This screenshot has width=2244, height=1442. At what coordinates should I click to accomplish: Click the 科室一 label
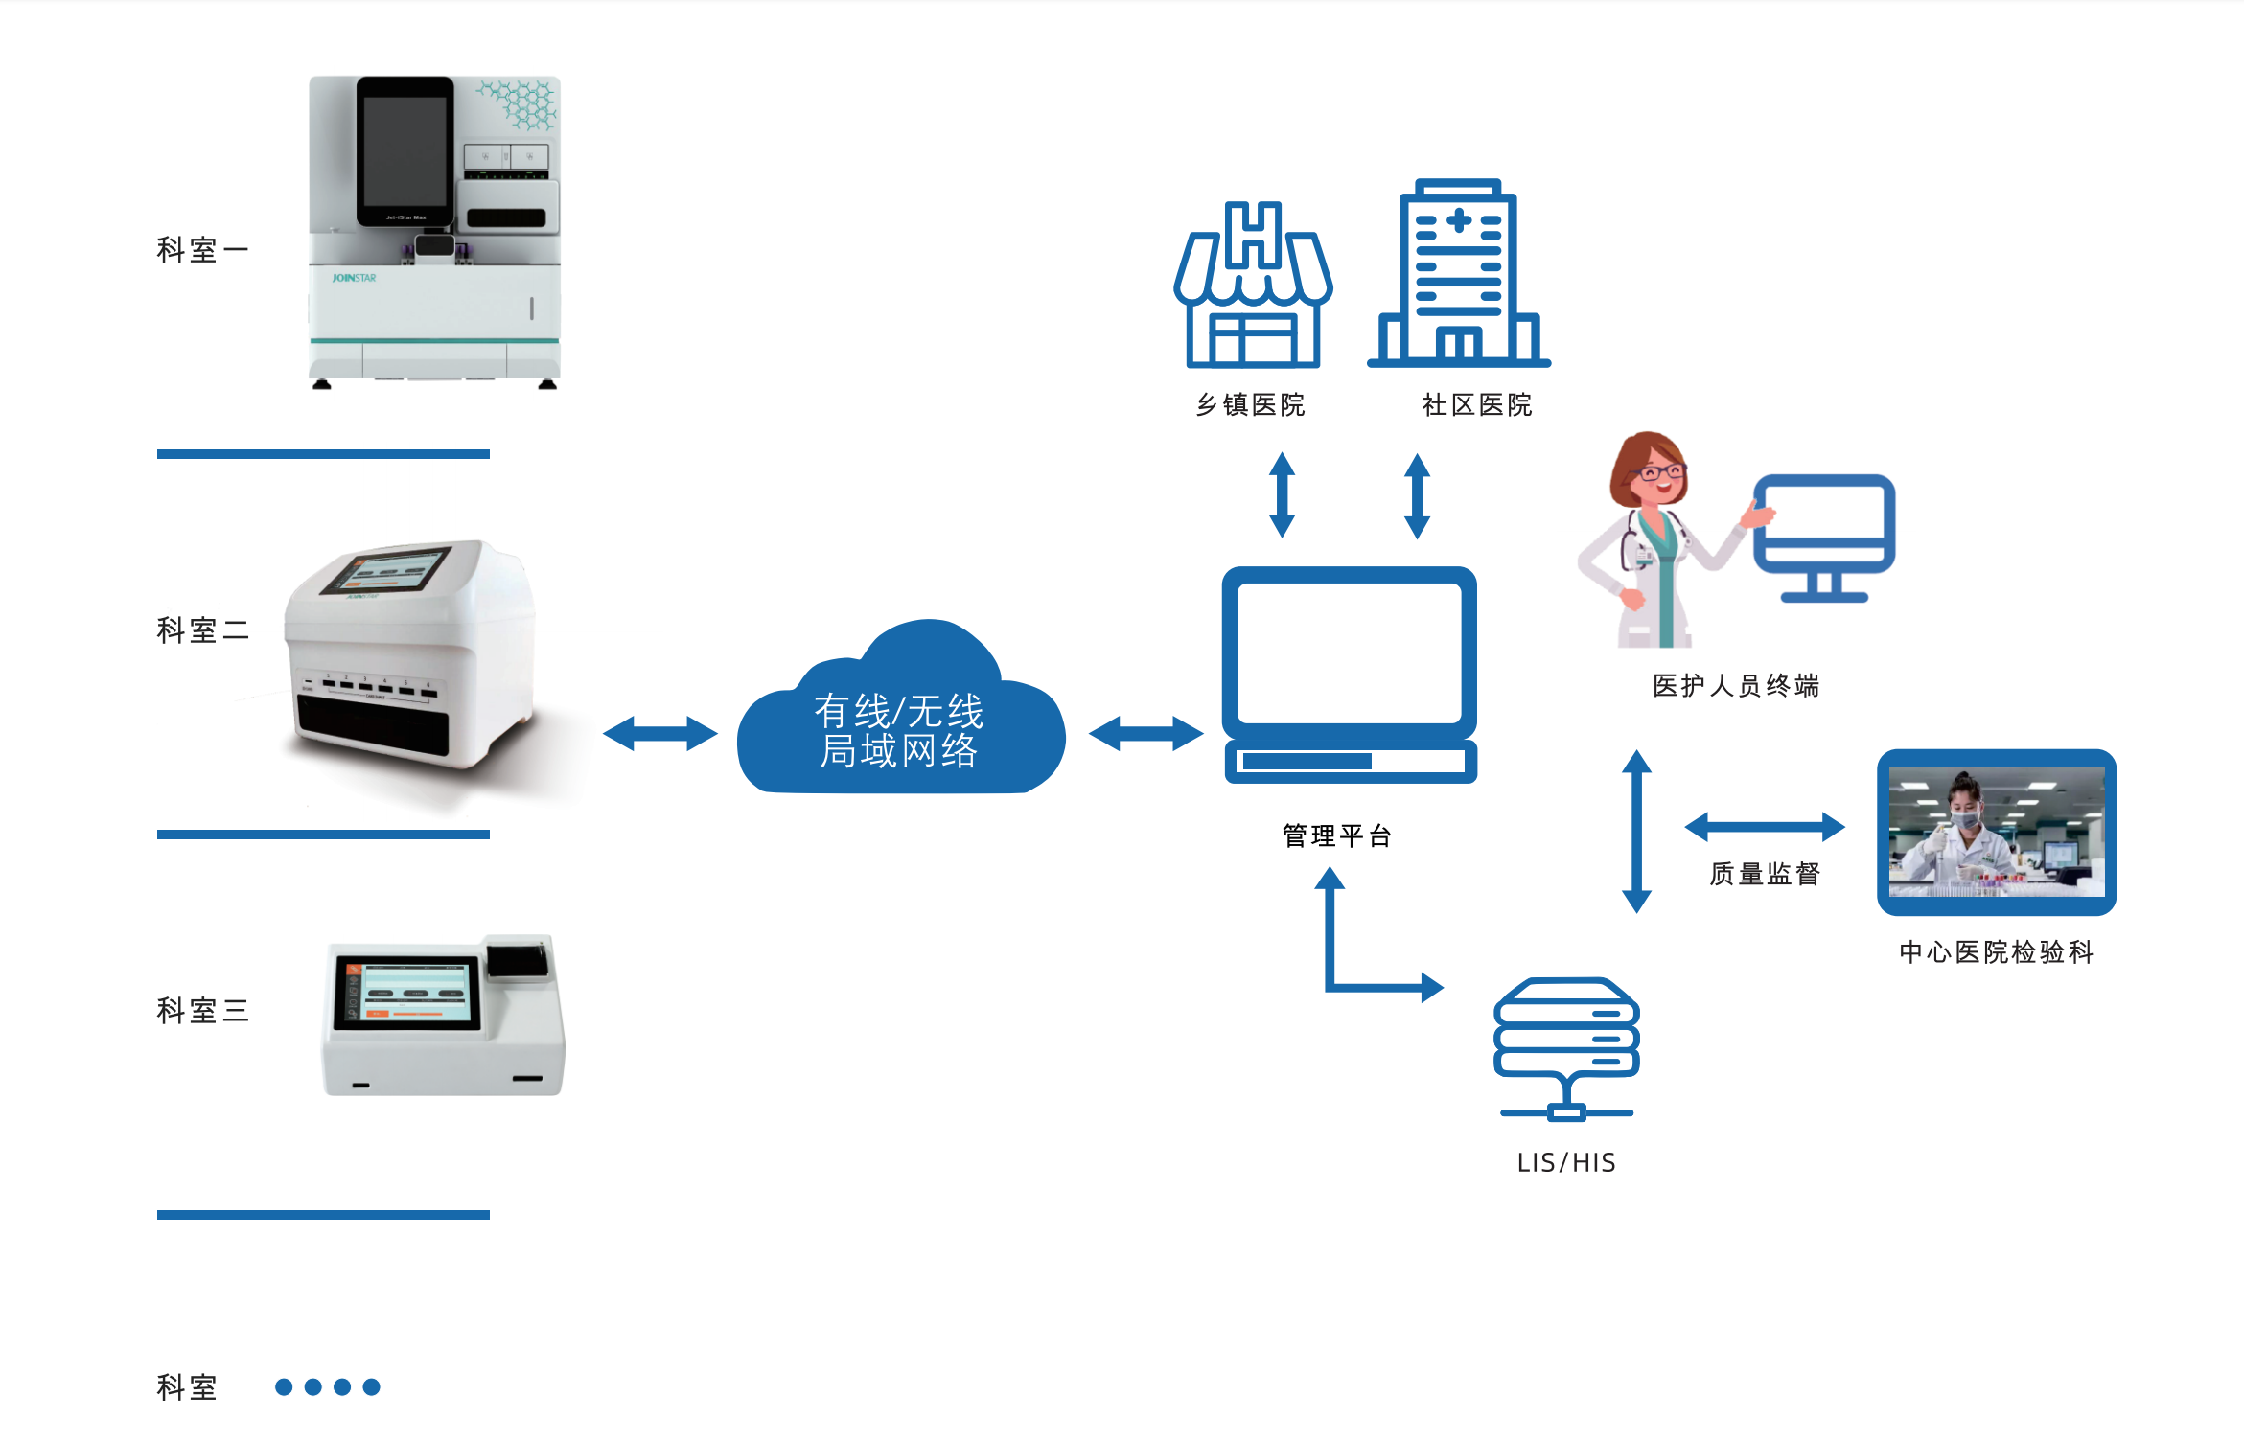202,250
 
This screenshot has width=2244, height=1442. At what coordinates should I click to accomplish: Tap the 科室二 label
202,630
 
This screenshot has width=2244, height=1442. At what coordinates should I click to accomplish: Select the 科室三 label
202,1011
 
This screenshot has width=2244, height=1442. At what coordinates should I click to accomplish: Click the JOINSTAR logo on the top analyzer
354,278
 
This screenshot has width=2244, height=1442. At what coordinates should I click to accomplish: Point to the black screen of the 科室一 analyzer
405,151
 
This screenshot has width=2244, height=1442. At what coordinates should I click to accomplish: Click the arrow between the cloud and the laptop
1145,734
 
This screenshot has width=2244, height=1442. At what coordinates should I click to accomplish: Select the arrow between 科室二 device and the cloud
659,734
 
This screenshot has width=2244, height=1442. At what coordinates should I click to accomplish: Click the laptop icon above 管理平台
1349,671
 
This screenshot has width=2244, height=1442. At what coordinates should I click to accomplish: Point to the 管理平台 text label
1337,835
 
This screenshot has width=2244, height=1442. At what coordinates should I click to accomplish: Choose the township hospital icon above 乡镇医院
1253,287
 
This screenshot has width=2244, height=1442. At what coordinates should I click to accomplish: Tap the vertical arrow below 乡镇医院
1282,495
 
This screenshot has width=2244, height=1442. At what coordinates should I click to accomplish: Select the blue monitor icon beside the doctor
1824,537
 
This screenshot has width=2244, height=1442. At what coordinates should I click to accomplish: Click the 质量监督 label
1765,874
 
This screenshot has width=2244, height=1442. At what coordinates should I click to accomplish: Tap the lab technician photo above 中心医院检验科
1997,832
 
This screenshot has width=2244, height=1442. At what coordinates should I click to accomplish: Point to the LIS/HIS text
1566,1162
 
